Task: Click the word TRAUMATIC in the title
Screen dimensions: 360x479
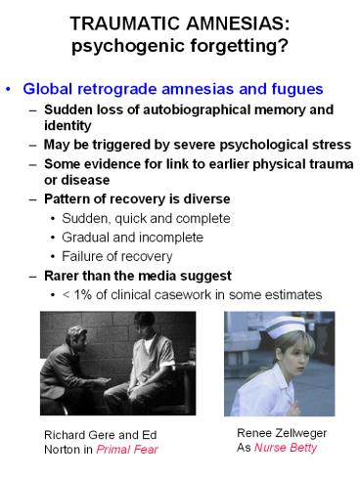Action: (125, 23)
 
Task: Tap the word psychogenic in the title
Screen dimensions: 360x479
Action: (128, 46)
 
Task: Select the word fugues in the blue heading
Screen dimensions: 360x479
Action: (297, 89)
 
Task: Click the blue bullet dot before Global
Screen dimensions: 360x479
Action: (8, 89)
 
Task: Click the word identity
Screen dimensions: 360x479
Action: (67, 126)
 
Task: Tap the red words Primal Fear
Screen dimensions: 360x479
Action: (127, 450)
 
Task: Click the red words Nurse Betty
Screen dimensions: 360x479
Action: (286, 448)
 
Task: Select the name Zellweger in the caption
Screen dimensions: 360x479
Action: (301, 433)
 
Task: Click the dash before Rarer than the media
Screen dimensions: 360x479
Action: (33, 277)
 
